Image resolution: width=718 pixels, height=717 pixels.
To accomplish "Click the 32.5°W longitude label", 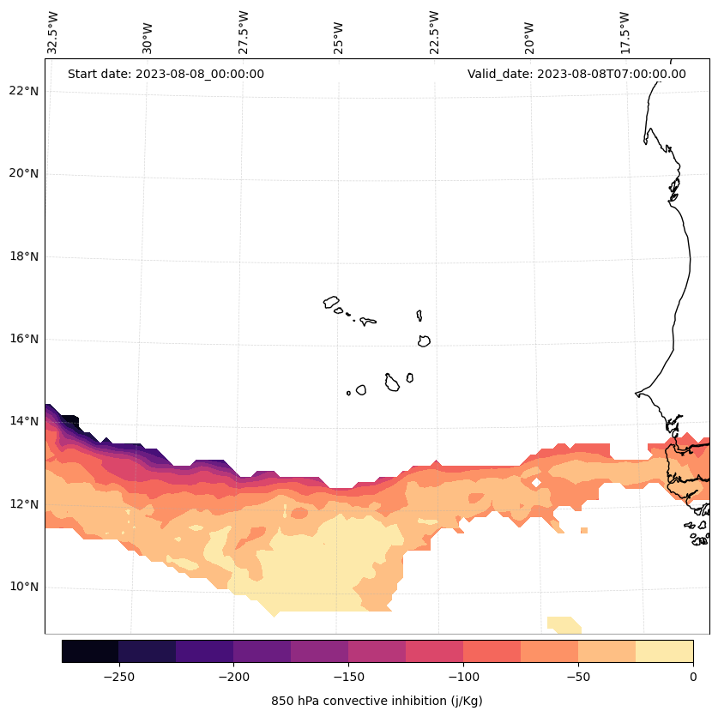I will point(53,33).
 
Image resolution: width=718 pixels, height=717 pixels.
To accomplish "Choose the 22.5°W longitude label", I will point(434,33).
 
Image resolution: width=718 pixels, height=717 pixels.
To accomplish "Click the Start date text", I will point(166,74).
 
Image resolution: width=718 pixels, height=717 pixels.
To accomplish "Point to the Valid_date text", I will point(576,74).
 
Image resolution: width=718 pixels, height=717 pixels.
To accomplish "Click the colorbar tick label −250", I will point(118,677).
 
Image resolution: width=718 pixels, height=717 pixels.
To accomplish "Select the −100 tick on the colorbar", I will point(463,677).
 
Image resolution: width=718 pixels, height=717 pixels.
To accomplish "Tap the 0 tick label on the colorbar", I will point(692,677).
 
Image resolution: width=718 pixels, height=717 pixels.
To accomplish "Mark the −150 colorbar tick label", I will point(348,677).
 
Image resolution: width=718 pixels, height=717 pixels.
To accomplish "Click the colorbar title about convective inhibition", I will point(377,701).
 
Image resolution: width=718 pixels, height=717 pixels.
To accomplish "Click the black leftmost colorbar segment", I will point(90,651).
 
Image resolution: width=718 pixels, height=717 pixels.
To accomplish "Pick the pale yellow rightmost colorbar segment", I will point(664,651).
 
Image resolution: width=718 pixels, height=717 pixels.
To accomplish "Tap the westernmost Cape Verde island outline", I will point(331,302).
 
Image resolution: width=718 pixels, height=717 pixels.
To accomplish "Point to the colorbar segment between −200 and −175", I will point(262,651).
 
